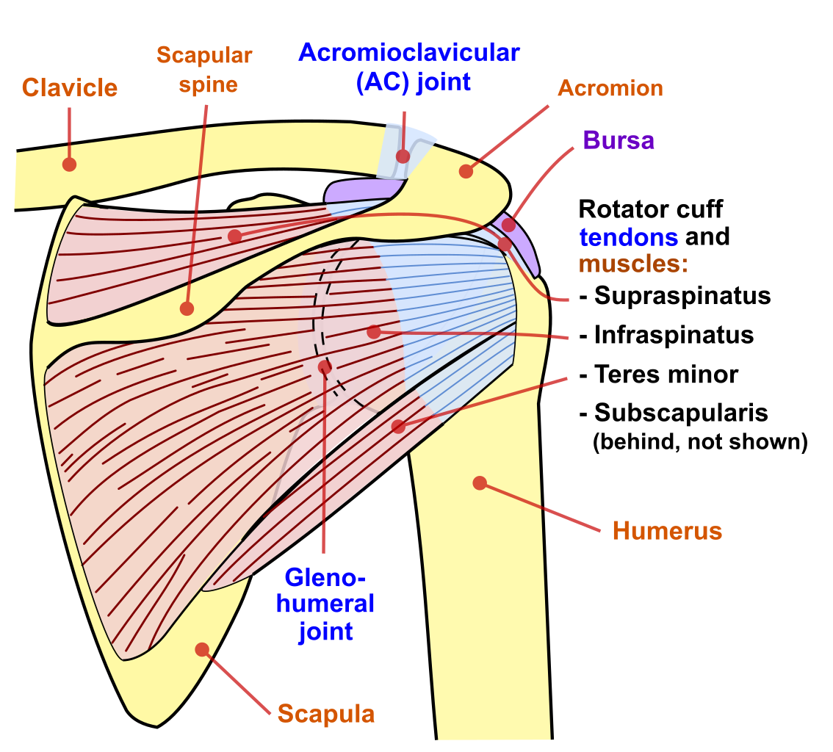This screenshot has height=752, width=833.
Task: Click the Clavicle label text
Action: pyautogui.click(x=69, y=87)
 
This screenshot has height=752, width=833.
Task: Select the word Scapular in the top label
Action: pyautogui.click(x=203, y=55)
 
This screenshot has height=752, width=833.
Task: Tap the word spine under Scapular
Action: pyautogui.click(x=208, y=86)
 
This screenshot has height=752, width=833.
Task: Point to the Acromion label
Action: pyautogui.click(x=606, y=90)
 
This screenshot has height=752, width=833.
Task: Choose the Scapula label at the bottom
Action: pyautogui.click(x=326, y=715)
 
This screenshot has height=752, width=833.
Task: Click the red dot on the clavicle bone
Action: pyautogui.click(x=69, y=164)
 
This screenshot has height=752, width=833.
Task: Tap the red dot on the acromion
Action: pyautogui.click(x=466, y=171)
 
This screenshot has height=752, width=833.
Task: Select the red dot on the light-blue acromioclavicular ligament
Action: pyautogui.click(x=403, y=156)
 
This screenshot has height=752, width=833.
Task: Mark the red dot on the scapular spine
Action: pyautogui.click(x=187, y=308)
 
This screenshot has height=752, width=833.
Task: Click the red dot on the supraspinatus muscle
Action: pyautogui.click(x=234, y=236)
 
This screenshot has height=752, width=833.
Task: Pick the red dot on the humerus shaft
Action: pyautogui.click(x=480, y=482)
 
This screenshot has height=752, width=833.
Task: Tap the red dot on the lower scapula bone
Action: pyautogui.click(x=202, y=649)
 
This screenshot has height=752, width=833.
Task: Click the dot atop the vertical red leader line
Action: pyautogui.click(x=325, y=366)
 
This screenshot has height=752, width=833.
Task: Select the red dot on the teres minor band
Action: pyautogui.click(x=398, y=426)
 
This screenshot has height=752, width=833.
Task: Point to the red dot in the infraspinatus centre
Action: pyautogui.click(x=374, y=332)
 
